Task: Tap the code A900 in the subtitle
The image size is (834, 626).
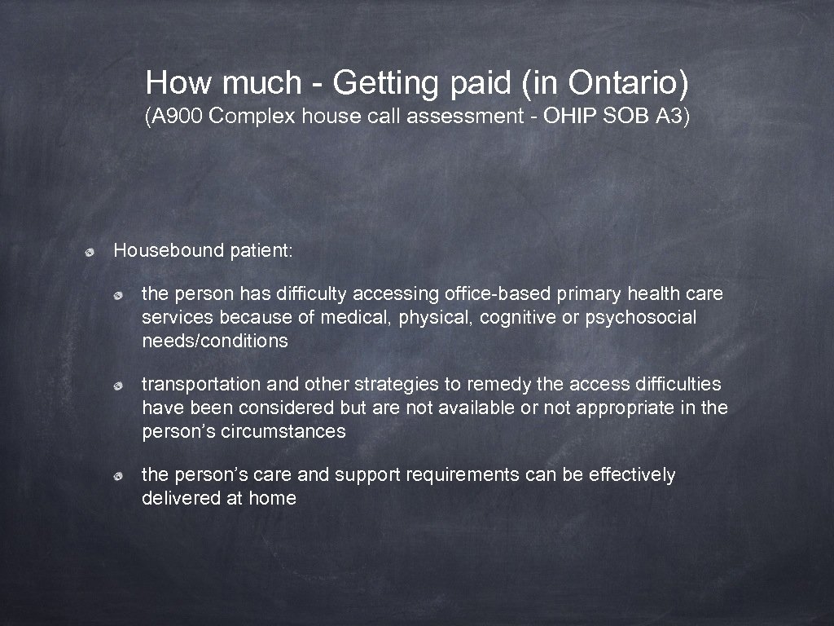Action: [178, 117]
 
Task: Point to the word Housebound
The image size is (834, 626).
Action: [169, 250]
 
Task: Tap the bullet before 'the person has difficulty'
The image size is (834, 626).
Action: [119, 293]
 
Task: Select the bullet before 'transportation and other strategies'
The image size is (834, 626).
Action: [119, 384]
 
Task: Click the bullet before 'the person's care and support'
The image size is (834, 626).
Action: [119, 475]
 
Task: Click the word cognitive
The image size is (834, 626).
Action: [515, 317]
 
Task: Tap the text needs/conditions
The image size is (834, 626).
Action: [215, 341]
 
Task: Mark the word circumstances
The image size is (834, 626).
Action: [283, 431]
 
